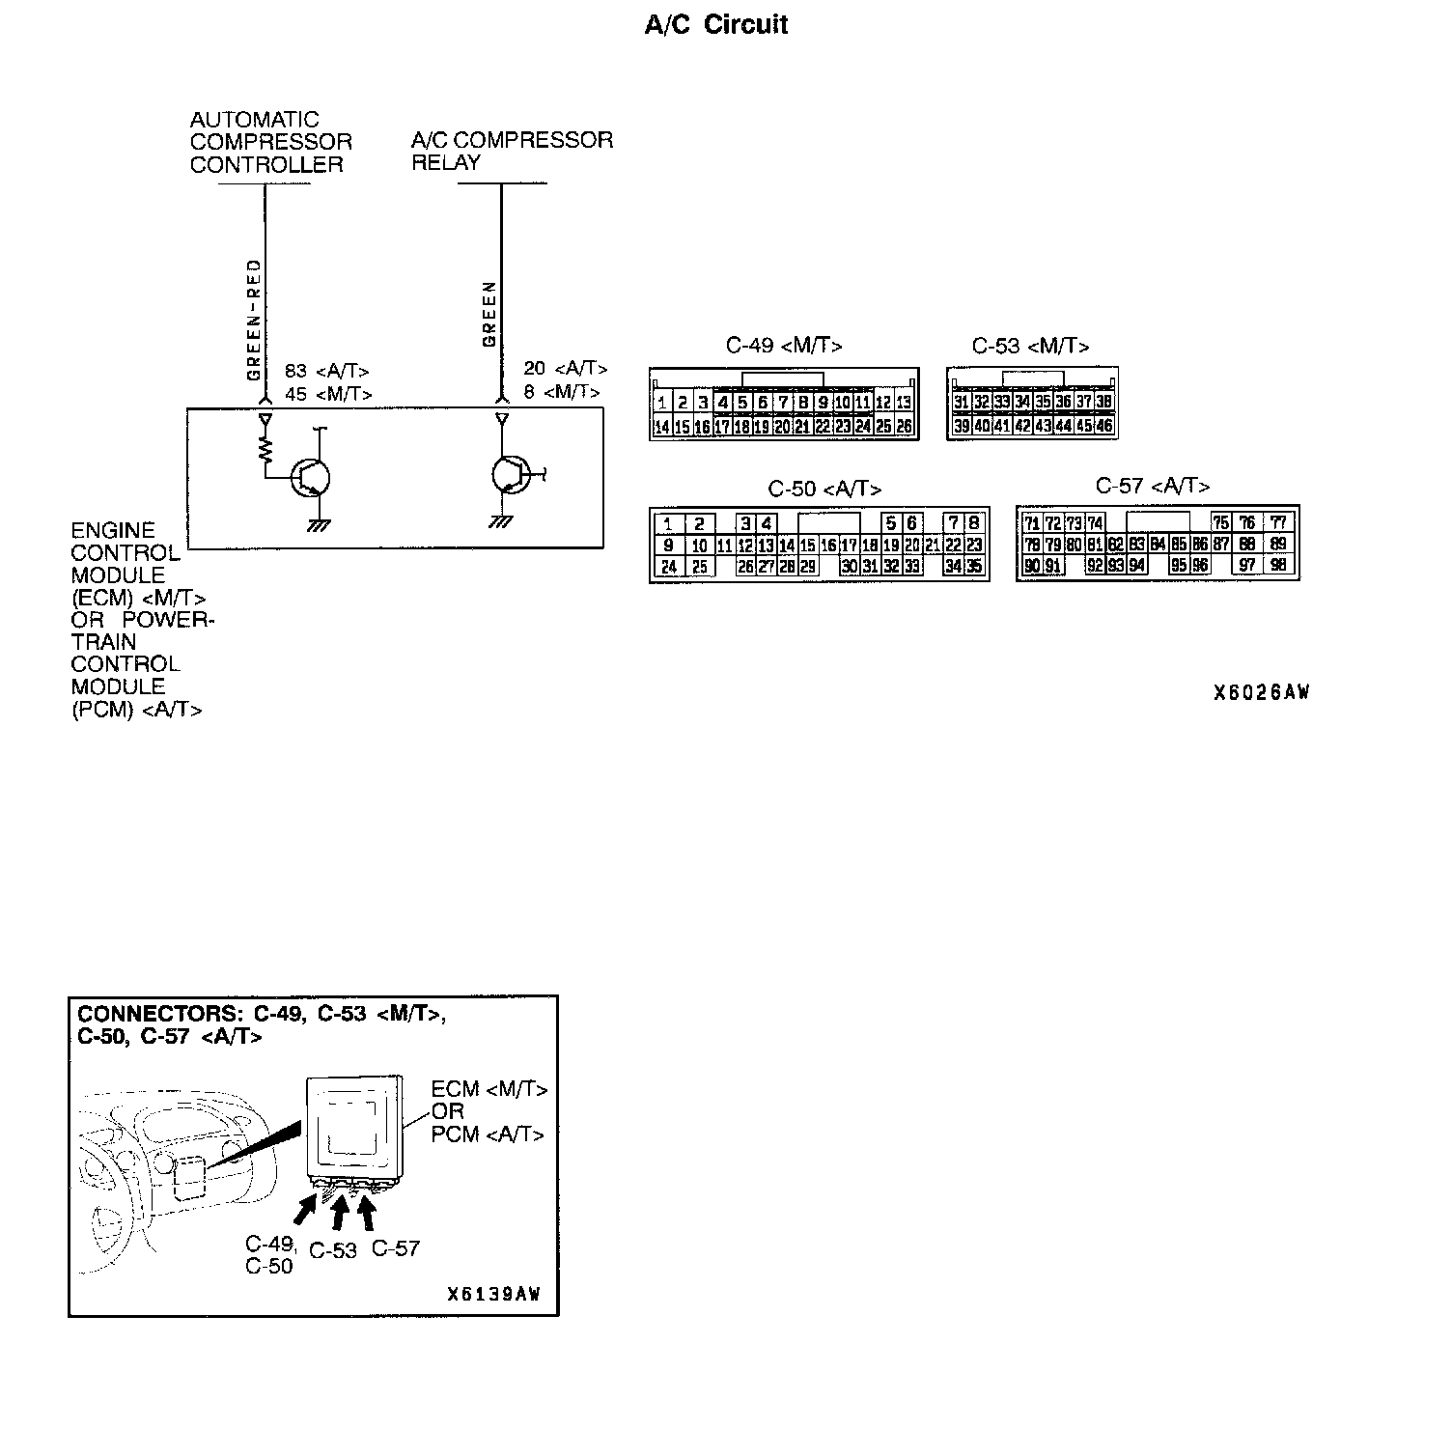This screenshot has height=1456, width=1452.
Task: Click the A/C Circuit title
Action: tap(715, 25)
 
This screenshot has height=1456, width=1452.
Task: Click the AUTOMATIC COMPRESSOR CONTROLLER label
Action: tap(270, 142)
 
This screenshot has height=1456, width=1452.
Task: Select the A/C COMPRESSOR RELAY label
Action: tap(512, 151)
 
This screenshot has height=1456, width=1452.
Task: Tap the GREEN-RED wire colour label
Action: tap(254, 320)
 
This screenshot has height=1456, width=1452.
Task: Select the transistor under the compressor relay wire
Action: tap(510, 473)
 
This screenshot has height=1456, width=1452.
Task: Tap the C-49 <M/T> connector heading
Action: tap(784, 346)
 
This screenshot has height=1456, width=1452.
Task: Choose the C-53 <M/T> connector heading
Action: tap(1030, 346)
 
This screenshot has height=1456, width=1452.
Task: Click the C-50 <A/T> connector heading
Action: tap(824, 489)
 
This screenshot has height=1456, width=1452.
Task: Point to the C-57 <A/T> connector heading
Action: tap(1152, 486)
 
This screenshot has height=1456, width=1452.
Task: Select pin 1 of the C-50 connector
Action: tap(668, 524)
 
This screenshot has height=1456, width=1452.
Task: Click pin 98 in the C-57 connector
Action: tap(1278, 565)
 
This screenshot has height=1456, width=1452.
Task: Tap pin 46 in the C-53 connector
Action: tap(1104, 425)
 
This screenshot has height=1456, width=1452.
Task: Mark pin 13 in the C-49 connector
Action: tap(904, 403)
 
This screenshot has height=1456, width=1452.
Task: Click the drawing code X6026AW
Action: tap(1261, 692)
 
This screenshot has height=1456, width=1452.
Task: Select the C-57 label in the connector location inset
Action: tap(396, 1247)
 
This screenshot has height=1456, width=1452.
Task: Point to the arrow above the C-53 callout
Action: tap(340, 1211)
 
